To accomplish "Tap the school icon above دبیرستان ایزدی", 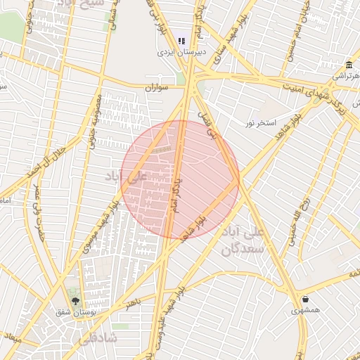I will tap(182, 41).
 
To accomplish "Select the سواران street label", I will tap(158, 88).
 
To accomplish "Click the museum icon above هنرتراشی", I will tap(349, 65).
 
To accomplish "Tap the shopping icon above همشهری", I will tap(304, 299).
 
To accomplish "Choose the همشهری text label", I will tap(306, 309).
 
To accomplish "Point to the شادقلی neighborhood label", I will tap(94, 337).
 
